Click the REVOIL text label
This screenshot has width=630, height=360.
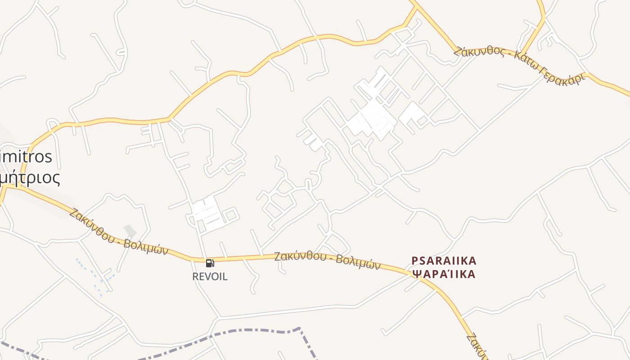point(210,276)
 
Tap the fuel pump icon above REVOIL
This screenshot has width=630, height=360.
point(210,263)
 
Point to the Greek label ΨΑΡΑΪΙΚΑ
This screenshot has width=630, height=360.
point(444,274)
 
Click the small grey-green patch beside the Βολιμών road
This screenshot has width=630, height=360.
point(130,231)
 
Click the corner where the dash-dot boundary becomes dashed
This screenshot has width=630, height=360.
point(299,329)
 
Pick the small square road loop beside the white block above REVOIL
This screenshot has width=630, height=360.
point(231,215)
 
